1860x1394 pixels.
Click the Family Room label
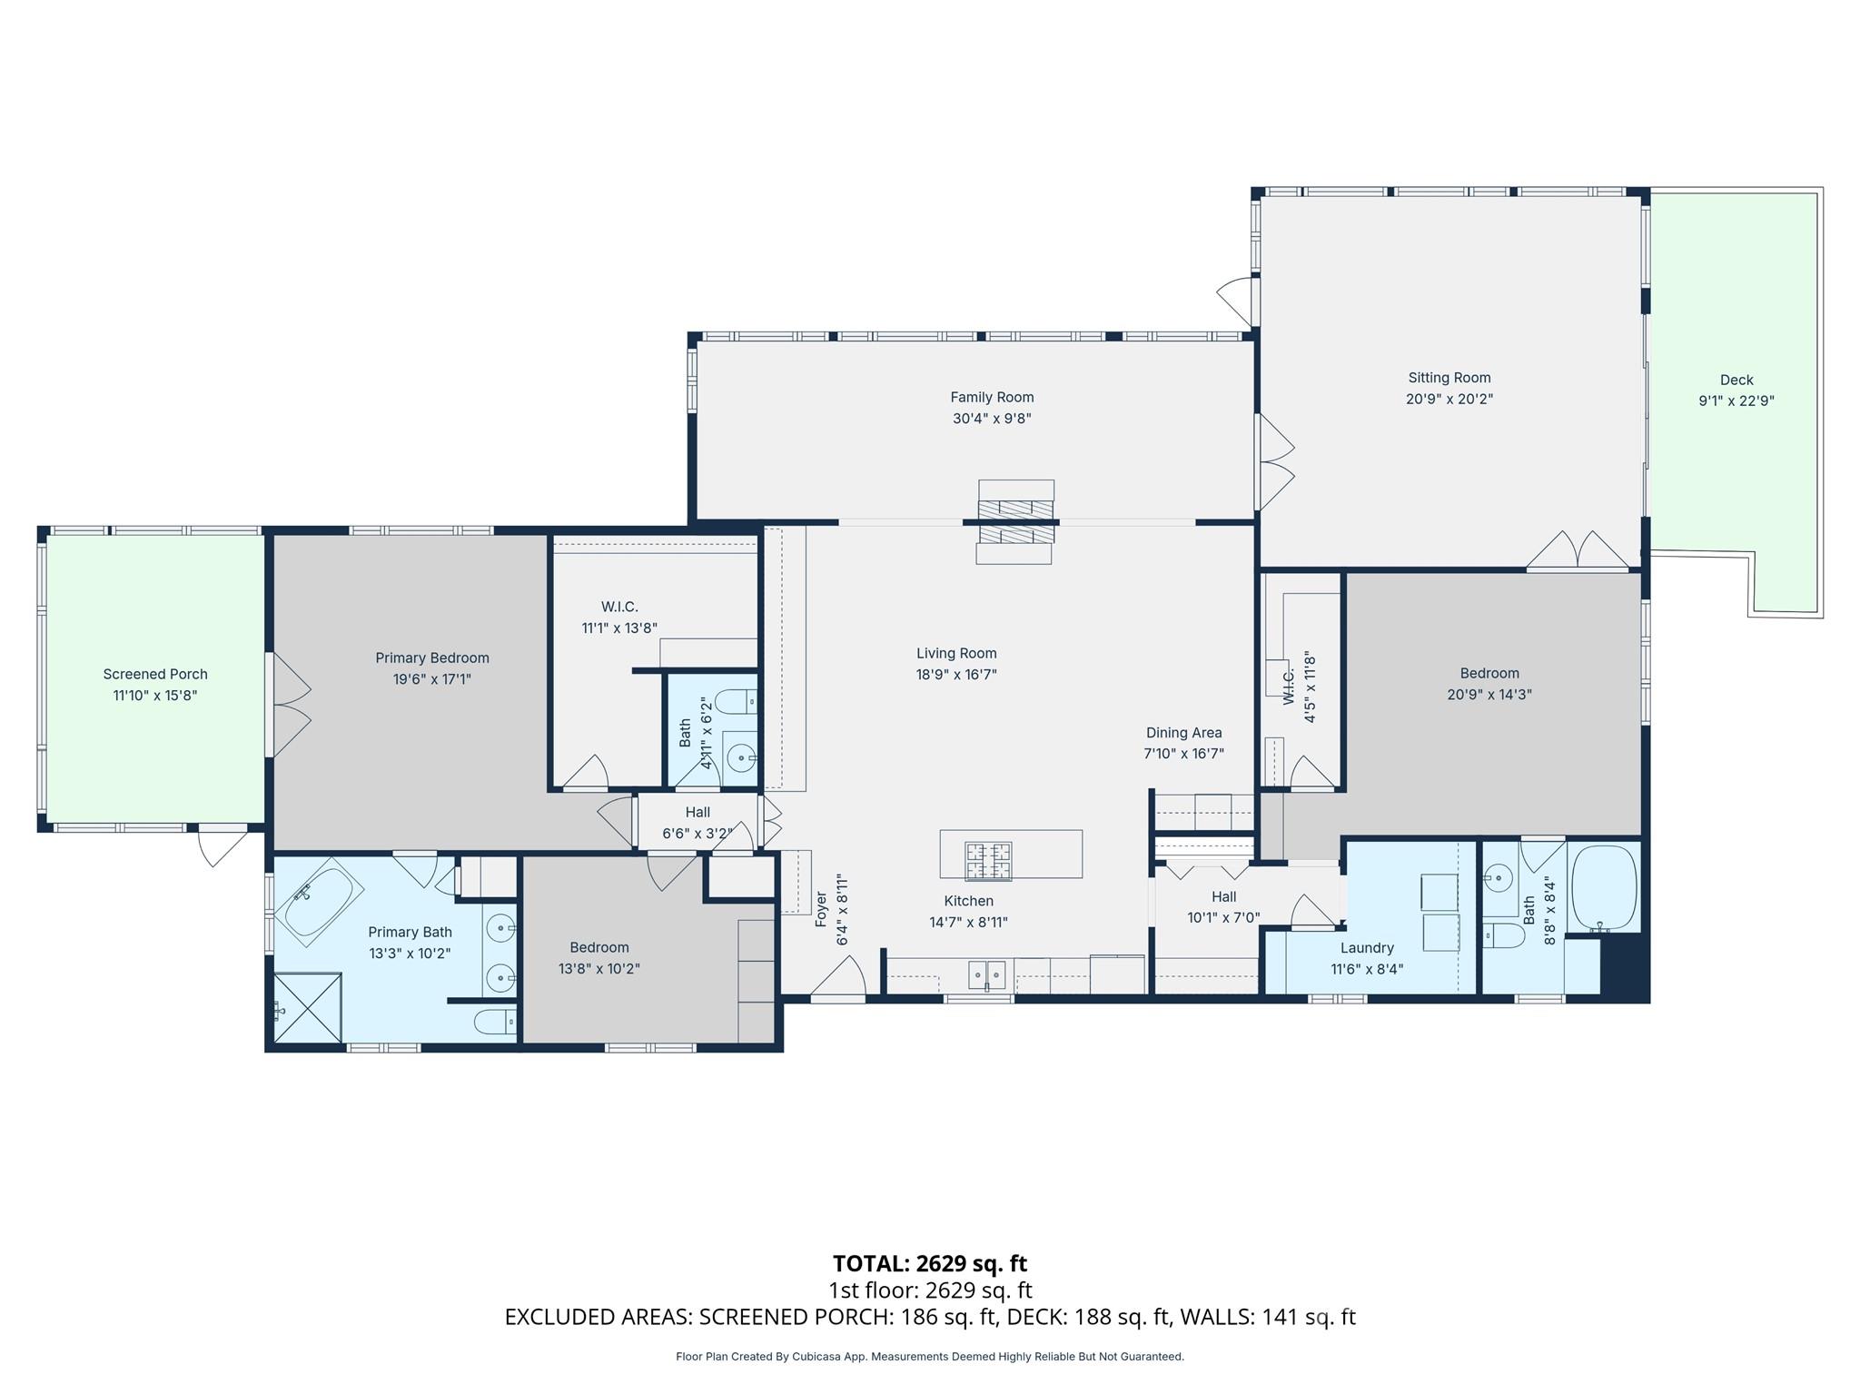992,397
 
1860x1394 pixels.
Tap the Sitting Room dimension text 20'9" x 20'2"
1449,399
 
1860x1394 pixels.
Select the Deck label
1736,380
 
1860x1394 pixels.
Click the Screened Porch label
155,674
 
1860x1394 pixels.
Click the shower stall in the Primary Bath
308,1008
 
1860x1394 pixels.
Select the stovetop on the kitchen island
988,861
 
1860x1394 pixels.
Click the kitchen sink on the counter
986,974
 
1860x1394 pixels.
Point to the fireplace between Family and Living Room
1015,523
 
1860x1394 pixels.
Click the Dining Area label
1183,732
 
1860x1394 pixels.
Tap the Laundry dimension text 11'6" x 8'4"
1367,969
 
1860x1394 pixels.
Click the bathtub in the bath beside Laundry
1604,886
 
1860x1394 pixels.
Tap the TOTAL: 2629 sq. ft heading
929,1263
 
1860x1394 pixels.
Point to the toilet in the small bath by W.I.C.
735,701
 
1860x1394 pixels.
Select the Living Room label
955,653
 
